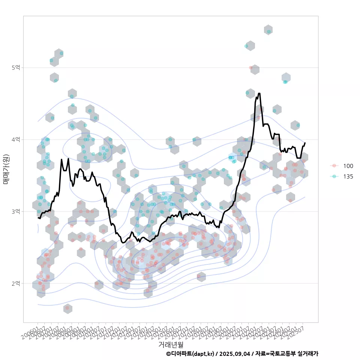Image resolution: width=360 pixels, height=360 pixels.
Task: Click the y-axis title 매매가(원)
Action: click(x=6, y=169)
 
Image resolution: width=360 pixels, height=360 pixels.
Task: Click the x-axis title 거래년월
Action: click(x=171, y=344)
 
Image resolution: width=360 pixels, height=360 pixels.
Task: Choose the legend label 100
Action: click(x=348, y=166)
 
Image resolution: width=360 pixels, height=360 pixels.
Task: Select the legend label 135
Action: click(x=348, y=177)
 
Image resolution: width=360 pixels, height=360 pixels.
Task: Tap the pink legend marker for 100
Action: click(x=334, y=166)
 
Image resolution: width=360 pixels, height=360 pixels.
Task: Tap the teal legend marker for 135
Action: click(x=334, y=177)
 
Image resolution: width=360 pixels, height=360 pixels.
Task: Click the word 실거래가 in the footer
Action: click(x=307, y=354)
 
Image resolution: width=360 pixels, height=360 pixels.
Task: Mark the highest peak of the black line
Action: click(x=259, y=93)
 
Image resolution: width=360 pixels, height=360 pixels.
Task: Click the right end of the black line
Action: click(x=305, y=143)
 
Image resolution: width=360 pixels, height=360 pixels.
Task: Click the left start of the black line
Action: click(x=38, y=217)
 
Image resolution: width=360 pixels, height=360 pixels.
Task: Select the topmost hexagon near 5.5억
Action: click(x=268, y=30)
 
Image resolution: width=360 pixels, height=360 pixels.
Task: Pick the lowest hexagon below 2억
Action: click(x=67, y=308)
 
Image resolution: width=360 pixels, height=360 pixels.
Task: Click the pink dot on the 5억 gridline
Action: click(x=250, y=67)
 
